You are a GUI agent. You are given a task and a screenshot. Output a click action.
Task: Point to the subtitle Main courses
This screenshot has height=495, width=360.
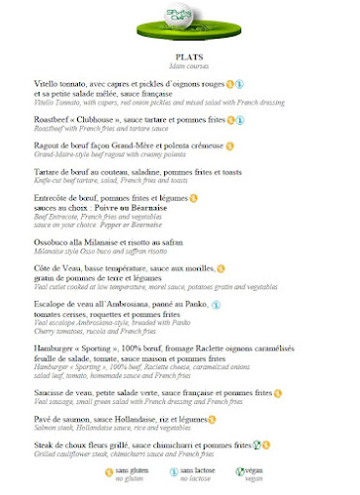coord(180,66)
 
